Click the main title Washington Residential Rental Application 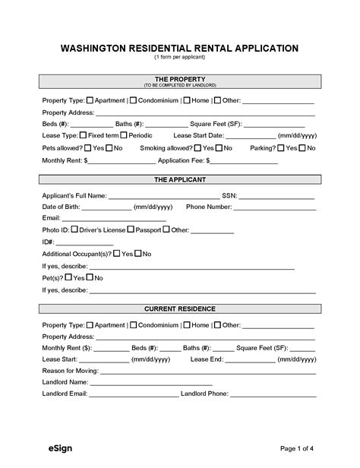point(179,48)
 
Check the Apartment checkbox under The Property point(91,100)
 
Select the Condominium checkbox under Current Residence point(133,324)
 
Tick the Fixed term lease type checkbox point(84,134)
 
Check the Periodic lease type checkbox point(124,134)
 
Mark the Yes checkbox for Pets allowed point(87,147)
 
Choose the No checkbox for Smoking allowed point(218,147)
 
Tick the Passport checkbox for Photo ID point(131,229)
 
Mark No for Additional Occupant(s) point(137,253)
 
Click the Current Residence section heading point(179,308)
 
